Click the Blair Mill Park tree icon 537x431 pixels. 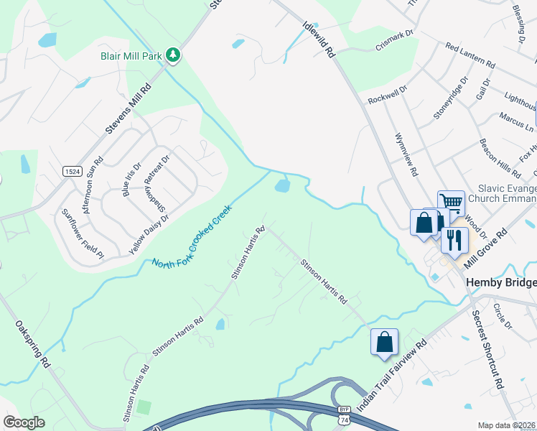coord(173,55)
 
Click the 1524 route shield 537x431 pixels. coord(72,172)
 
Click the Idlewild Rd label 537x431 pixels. coord(320,40)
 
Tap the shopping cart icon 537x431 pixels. coord(451,203)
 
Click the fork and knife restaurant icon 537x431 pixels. coord(454,239)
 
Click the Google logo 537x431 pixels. coord(24,422)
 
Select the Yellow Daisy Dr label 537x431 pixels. coord(149,234)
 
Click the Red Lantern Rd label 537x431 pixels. coord(470,55)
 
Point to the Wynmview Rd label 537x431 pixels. coord(406,154)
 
